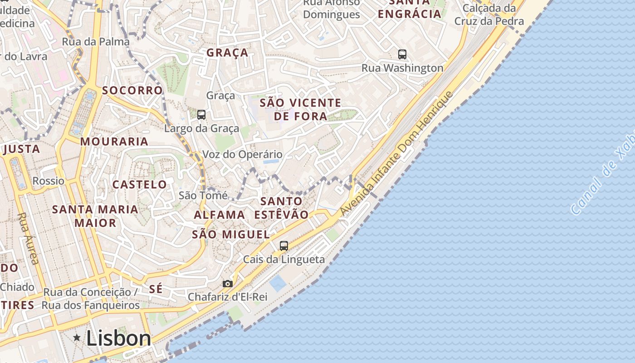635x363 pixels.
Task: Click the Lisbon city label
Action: [x=118, y=338]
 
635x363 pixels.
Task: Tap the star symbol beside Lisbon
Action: [x=77, y=338]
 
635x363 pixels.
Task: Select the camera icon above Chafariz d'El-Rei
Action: [x=228, y=284]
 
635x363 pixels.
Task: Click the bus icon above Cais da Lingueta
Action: [x=284, y=245]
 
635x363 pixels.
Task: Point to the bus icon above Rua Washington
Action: [x=402, y=54]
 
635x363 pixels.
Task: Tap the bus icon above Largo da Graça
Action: [x=201, y=115]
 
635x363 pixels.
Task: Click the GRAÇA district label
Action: [x=228, y=53]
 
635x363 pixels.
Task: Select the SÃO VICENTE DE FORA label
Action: [x=300, y=109]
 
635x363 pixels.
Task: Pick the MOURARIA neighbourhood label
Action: [x=114, y=142]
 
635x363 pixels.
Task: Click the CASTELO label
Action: [x=140, y=185]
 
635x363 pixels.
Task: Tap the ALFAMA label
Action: [x=220, y=215]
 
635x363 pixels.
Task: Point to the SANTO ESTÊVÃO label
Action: [x=282, y=208]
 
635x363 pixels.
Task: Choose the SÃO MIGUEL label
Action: [x=231, y=235]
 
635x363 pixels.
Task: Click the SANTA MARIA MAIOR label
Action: [x=95, y=216]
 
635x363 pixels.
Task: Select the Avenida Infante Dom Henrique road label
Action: [x=396, y=154]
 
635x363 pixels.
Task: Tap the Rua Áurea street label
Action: [x=29, y=238]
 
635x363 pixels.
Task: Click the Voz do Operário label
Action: [x=242, y=154]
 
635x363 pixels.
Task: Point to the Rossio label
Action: [x=49, y=181]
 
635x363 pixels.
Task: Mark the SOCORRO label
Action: [x=132, y=90]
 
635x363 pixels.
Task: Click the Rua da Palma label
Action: [x=96, y=42]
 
